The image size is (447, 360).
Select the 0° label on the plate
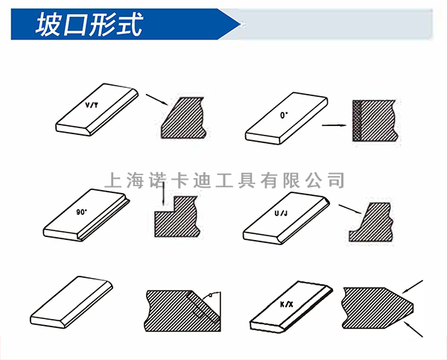pos(283,116)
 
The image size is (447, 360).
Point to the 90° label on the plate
pos(81,212)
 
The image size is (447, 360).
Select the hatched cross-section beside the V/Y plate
pos(183,116)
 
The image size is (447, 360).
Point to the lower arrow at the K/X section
pos(413,329)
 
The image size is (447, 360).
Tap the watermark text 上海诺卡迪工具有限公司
pos(223,180)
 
